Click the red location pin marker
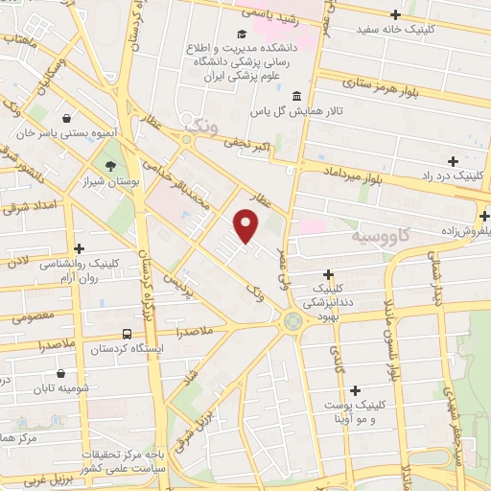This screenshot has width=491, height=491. coord(247,225)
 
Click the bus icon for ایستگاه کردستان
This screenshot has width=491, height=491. coord(127,333)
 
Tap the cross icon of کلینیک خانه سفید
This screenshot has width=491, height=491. coord(396,13)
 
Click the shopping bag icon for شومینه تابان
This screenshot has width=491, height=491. coord(62,373)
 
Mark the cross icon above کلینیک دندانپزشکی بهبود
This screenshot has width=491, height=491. coord(329,273)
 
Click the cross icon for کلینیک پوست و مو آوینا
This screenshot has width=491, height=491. coord(356,390)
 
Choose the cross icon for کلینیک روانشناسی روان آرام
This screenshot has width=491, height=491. coord(79,248)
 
